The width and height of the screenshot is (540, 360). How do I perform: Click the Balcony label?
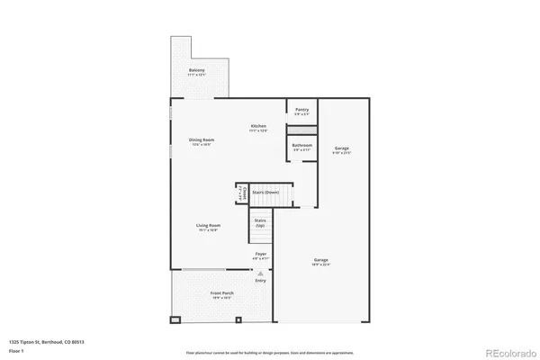196,72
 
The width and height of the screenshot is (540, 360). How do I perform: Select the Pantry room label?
301,112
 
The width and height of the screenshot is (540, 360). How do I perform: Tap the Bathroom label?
301,147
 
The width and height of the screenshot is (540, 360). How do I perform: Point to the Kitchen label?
258,127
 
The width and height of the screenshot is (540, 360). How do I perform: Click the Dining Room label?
202,141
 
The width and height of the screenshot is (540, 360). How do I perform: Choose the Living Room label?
209,228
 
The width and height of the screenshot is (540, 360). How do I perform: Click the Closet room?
239,193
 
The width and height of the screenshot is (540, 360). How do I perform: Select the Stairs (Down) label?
265,192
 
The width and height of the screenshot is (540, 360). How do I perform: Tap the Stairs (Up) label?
260,221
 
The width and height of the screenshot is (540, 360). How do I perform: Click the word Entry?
260,281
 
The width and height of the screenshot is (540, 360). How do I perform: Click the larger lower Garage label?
321,263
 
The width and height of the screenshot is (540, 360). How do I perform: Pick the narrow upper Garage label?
342,149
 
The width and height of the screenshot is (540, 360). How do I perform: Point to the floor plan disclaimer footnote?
269,353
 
